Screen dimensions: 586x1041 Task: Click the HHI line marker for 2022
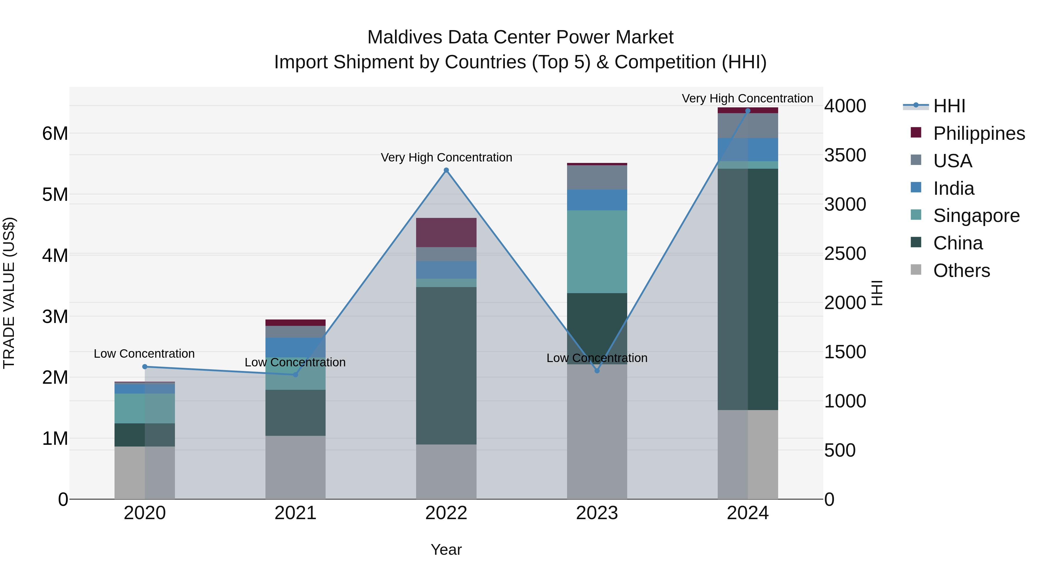pyautogui.click(x=446, y=170)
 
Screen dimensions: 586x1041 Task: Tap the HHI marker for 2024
pyautogui.click(x=747, y=111)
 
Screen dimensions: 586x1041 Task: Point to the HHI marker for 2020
pyautogui.click(x=145, y=367)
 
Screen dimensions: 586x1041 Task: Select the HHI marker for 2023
pyautogui.click(x=597, y=370)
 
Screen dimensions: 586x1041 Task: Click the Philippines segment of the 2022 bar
pyautogui.click(x=446, y=233)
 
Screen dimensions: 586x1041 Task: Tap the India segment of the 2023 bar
pyautogui.click(x=597, y=200)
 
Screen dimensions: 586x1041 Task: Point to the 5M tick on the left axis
pyautogui.click(x=55, y=194)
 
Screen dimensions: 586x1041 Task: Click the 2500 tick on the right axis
pyautogui.click(x=845, y=253)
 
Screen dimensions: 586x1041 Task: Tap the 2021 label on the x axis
pyautogui.click(x=296, y=513)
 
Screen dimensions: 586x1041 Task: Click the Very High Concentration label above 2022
pyautogui.click(x=446, y=157)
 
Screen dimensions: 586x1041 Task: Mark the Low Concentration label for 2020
pyautogui.click(x=144, y=353)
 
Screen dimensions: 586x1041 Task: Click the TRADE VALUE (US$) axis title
pyautogui.click(x=9, y=293)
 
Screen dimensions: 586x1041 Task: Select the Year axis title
pyautogui.click(x=446, y=550)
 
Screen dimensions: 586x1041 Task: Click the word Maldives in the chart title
pyautogui.click(x=405, y=37)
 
